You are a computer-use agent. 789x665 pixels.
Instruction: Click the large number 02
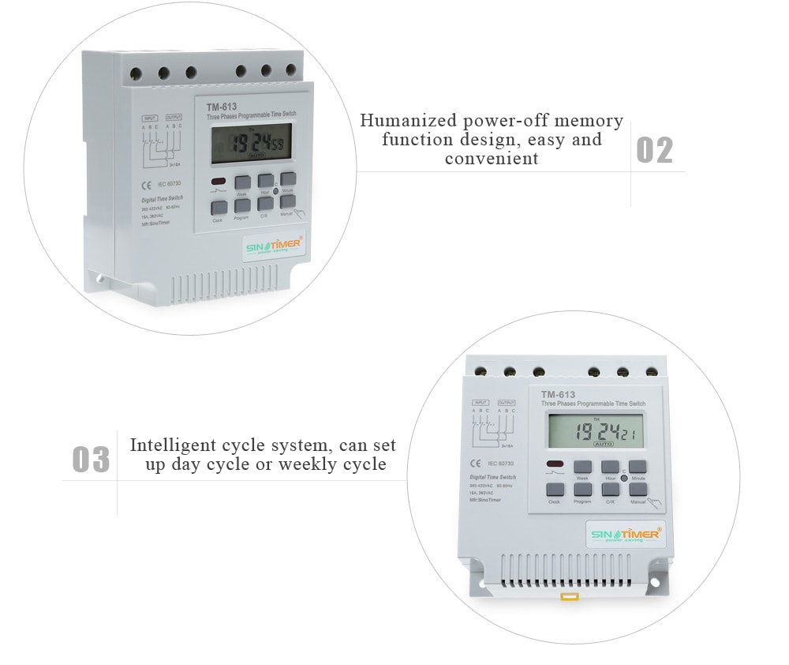coord(654,150)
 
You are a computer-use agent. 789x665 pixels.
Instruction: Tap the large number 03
coord(91,459)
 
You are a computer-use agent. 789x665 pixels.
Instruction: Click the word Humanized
coord(408,121)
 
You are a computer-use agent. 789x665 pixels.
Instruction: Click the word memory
coord(589,121)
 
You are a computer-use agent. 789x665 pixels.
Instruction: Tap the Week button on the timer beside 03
coord(582,468)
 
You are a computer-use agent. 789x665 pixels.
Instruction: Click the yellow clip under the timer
coord(567,596)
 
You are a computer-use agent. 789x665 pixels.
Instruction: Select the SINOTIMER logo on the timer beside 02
coord(273,246)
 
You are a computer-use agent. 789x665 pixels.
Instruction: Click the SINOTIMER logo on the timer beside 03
coord(625,535)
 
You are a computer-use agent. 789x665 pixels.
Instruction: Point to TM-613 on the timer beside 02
coord(222,107)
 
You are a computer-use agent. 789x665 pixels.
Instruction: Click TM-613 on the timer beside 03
coord(557,395)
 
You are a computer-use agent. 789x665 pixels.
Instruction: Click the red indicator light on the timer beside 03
coord(555,464)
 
